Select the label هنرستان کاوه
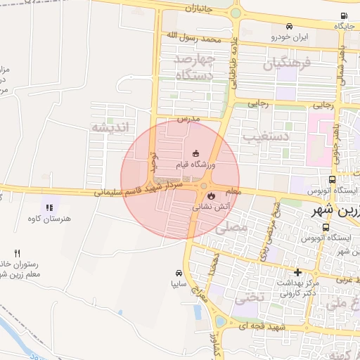[x=52, y=219]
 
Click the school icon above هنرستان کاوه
[x=49, y=207]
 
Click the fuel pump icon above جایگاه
[x=343, y=16]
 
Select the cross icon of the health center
[x=297, y=272]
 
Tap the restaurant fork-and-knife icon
[x=18, y=253]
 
